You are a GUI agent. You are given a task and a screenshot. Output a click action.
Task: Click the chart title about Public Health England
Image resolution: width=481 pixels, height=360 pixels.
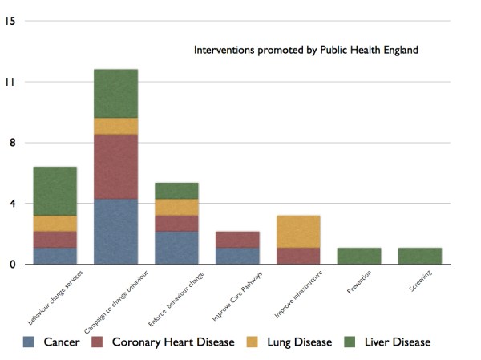click(x=305, y=50)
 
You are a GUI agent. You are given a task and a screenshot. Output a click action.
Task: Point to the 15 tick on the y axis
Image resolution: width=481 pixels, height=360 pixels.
click(x=10, y=21)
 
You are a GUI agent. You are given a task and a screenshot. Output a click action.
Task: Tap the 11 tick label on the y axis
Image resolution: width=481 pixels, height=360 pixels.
click(x=10, y=82)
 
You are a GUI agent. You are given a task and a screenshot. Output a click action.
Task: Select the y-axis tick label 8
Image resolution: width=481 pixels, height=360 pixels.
click(x=10, y=143)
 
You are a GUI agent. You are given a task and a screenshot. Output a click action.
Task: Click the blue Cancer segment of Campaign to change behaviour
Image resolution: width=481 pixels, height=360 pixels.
click(x=115, y=231)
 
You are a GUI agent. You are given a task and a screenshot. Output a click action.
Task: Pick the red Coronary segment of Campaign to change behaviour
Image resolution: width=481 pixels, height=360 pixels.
click(x=115, y=166)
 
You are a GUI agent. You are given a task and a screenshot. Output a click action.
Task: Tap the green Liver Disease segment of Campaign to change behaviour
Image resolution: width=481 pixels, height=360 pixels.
click(x=115, y=93)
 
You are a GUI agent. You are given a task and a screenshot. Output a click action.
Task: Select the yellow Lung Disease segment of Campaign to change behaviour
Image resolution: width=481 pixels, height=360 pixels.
click(x=115, y=126)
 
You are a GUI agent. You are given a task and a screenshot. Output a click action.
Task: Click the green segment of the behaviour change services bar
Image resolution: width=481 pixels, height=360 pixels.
click(x=55, y=191)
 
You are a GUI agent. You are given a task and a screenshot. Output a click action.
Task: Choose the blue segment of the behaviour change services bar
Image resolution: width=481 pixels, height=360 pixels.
click(x=55, y=255)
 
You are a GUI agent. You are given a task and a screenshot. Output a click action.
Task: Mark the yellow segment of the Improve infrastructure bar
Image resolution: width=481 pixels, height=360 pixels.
click(x=298, y=231)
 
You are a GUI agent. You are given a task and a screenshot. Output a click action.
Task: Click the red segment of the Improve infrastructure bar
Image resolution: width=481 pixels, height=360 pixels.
click(x=298, y=255)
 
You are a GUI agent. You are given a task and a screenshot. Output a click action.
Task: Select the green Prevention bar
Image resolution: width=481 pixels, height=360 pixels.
click(x=359, y=255)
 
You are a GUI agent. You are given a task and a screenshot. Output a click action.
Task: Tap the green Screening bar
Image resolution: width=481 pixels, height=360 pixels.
click(x=420, y=255)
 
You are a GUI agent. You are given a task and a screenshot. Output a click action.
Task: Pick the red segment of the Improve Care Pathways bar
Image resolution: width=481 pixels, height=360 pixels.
click(x=237, y=239)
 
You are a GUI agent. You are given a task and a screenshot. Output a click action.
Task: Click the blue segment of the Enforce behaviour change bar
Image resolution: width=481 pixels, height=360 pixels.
click(x=176, y=247)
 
